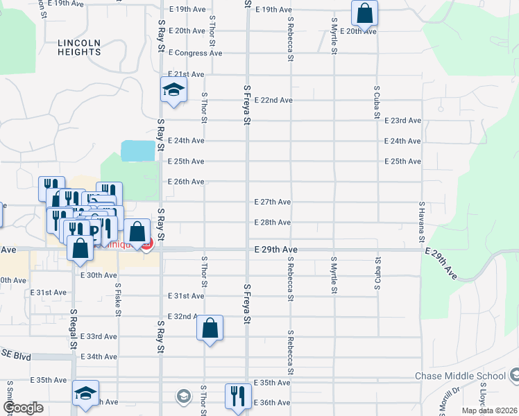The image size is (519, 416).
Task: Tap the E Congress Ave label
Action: coord(196,53)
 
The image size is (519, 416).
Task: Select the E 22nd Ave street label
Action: coord(272,100)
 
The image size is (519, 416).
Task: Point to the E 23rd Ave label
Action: coord(402,120)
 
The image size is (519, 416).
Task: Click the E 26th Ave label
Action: coord(186,182)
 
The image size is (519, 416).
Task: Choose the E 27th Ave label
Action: coord(272,202)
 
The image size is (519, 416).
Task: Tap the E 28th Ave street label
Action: coord(272,223)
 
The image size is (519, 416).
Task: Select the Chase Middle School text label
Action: coord(460,376)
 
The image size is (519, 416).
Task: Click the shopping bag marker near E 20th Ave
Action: coord(364,12)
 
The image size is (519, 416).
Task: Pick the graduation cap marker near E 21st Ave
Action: coord(173,89)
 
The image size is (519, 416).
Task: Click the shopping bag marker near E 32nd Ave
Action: coord(210,327)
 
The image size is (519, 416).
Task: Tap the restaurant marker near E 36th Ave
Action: coord(237,395)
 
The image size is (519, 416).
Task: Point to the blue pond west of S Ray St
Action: coord(138,150)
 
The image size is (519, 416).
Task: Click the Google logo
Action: coord(23,407)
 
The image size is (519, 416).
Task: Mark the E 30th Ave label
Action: coord(99,275)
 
